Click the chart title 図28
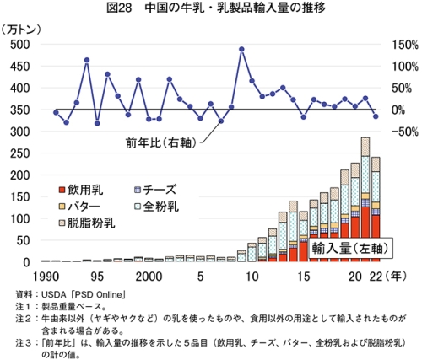119,8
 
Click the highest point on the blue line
241,49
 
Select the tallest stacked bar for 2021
365,200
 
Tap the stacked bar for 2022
376,209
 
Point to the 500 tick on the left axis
20,45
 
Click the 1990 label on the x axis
46,277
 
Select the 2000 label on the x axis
149,277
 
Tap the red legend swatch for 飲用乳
62,191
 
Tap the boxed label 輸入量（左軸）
350,249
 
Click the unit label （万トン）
20,30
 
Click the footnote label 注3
24,343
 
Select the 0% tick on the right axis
398,110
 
